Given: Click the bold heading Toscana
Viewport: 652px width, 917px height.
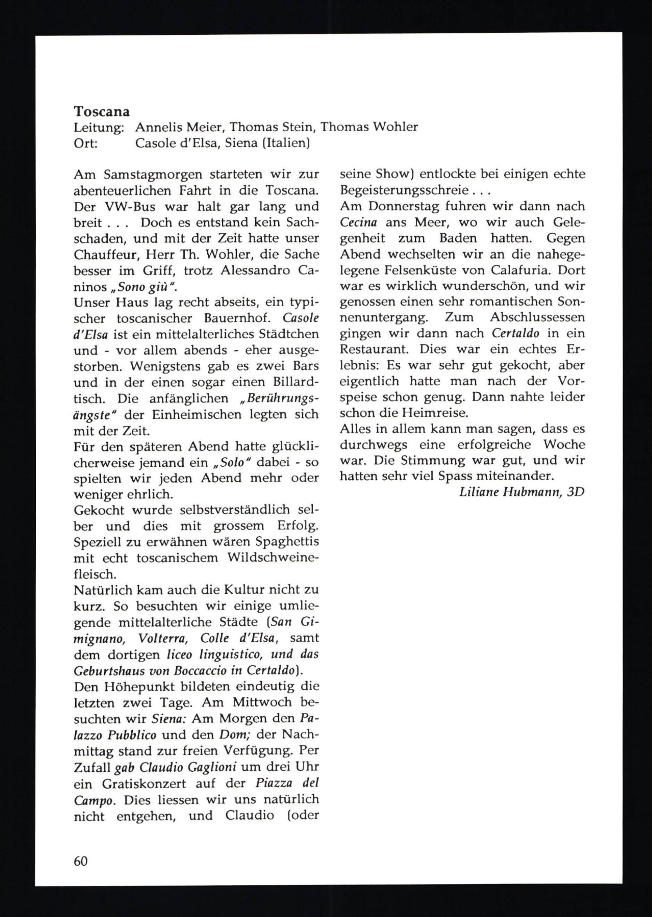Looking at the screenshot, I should (102, 111).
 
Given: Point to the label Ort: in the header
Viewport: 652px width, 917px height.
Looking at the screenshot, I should (85, 143).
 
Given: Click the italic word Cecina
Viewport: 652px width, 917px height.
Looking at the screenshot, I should (360, 222).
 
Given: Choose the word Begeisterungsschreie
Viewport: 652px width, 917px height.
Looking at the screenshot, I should (404, 191).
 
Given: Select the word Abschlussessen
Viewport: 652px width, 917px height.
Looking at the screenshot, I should (537, 317).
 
